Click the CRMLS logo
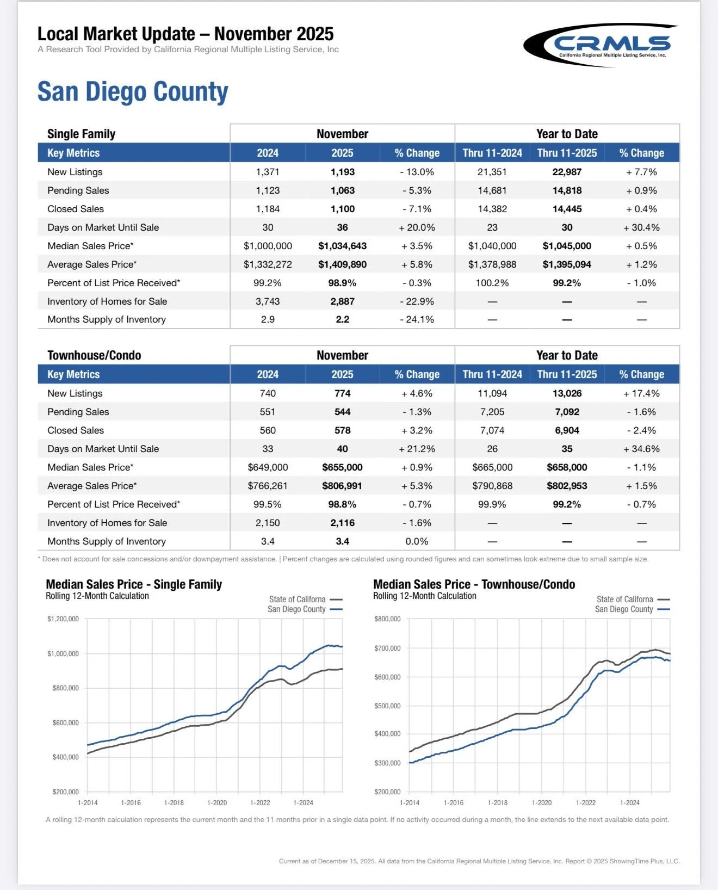click(x=601, y=45)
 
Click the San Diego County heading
click(x=133, y=91)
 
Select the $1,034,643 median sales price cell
click(x=342, y=246)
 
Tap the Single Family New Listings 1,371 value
click(x=268, y=172)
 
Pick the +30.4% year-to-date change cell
click(x=641, y=227)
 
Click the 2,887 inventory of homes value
click(x=342, y=301)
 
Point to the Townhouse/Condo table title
click(x=94, y=355)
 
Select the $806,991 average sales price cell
click(x=342, y=486)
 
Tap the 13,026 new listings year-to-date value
click(x=567, y=393)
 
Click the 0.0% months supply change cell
click(x=417, y=541)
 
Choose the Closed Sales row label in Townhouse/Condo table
click(x=76, y=430)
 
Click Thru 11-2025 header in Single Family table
click(x=567, y=153)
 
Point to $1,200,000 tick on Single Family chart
click(x=63, y=619)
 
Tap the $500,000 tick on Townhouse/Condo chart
click(x=387, y=706)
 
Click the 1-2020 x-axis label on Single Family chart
click(x=217, y=803)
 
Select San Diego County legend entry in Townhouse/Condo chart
click(x=624, y=609)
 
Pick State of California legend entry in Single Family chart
click(x=298, y=599)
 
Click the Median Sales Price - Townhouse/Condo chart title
click(x=474, y=584)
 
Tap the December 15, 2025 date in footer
click(x=346, y=861)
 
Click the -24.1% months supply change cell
click(x=417, y=320)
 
